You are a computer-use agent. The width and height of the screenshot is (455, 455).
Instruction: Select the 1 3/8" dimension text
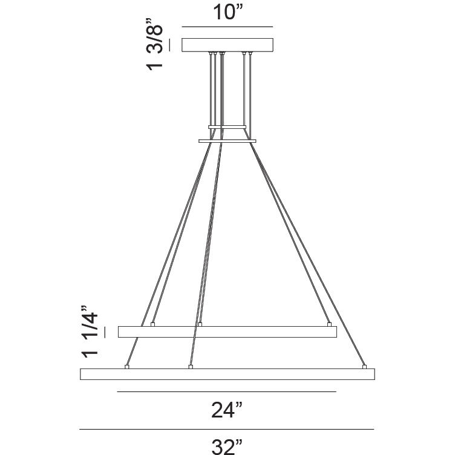click(x=156, y=47)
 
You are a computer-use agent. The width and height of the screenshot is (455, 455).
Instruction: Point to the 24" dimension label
click(x=227, y=411)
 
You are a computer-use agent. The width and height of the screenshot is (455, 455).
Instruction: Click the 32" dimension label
click(x=227, y=446)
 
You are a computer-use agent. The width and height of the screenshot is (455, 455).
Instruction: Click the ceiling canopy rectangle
click(x=227, y=45)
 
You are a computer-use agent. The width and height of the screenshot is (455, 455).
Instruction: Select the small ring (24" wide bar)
click(x=227, y=332)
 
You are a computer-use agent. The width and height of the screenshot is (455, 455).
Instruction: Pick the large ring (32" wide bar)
click(x=227, y=374)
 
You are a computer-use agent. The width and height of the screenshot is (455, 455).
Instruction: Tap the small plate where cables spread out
click(x=227, y=142)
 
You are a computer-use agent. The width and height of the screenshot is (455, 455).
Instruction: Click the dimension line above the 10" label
click(x=227, y=27)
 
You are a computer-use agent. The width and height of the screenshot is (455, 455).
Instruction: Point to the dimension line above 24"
click(x=227, y=392)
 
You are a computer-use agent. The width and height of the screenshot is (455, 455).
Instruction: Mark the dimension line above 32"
click(x=227, y=429)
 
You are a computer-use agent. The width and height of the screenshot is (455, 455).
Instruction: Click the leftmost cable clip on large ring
click(x=126, y=366)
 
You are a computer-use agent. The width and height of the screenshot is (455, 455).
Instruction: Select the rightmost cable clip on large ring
click(x=364, y=366)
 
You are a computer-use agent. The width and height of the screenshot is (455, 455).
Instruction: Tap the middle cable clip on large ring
click(x=191, y=366)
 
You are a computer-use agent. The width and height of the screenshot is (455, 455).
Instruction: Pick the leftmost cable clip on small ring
click(x=152, y=324)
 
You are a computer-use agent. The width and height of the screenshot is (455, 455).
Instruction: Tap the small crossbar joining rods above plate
click(x=227, y=126)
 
